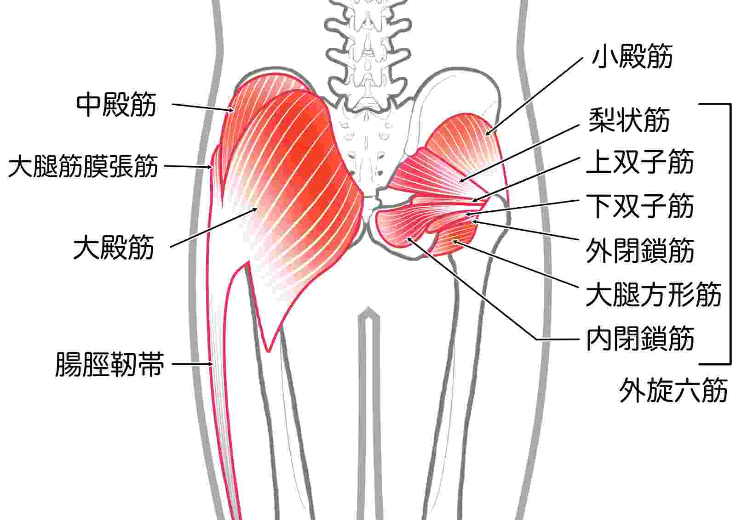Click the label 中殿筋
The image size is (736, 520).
116,105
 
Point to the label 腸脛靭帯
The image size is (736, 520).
110,364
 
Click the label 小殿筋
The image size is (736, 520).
632,57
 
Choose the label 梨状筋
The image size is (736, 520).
629,120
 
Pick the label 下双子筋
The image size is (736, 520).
640,206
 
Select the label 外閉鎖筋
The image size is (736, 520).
640,251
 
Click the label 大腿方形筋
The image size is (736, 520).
654,294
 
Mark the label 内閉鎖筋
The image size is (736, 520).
640,339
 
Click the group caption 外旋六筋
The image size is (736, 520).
673,390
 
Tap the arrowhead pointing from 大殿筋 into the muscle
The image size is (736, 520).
255,209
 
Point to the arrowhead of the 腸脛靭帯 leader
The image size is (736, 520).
211,363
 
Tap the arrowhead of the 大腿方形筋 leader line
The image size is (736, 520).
455,242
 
